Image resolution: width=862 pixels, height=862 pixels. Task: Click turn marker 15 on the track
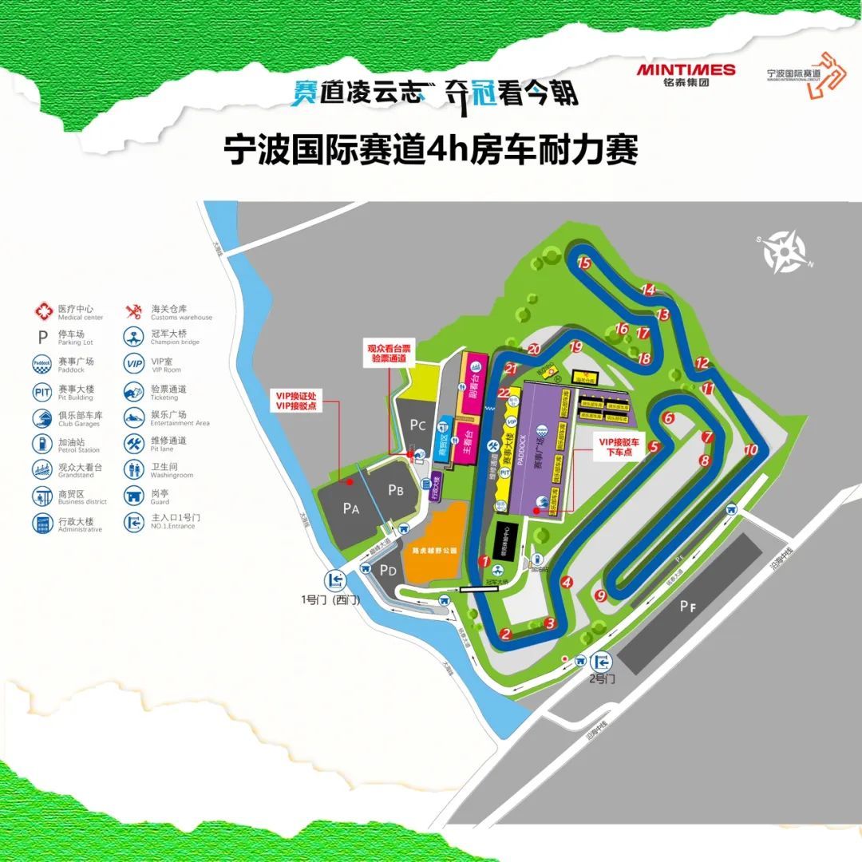584,263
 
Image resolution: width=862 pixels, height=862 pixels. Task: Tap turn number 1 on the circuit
484,561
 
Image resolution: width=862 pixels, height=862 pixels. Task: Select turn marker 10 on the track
750,449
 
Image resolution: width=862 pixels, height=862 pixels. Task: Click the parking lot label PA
349,508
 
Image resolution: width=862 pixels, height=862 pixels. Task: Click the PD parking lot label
389,570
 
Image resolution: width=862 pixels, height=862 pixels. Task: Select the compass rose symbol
785,254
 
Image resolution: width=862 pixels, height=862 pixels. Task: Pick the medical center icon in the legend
42,310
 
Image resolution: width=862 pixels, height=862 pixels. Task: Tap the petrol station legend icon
42,444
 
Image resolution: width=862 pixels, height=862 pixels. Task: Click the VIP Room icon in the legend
133,364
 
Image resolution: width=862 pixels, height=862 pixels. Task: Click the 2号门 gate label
603,679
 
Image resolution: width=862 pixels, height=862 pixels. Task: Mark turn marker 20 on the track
534,349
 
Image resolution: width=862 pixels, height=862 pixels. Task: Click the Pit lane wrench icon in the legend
133,443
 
